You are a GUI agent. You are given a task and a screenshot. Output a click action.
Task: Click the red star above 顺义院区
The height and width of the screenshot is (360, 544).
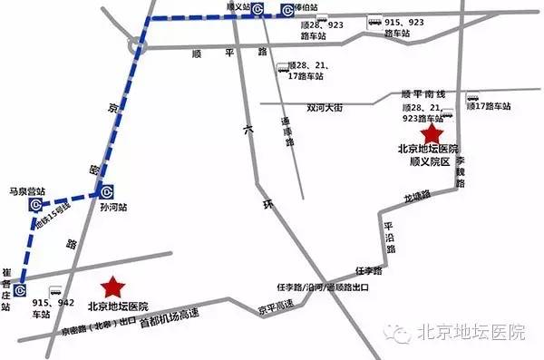click(428, 133)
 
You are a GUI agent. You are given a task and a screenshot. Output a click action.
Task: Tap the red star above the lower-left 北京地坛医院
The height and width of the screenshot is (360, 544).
click(112, 287)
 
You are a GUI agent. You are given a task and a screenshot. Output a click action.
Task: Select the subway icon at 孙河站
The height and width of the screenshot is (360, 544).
click(106, 191)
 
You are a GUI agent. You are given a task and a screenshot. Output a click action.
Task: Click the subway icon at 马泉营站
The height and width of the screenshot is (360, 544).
click(35, 205)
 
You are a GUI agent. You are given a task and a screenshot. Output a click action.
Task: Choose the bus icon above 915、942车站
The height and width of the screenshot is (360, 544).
click(54, 293)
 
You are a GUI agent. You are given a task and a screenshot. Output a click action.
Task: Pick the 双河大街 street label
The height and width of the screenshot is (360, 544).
click(326, 107)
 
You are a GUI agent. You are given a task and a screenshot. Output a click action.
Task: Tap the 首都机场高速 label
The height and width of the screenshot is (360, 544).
click(169, 316)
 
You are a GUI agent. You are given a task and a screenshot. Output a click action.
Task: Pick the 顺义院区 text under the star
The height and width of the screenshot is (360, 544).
click(428, 160)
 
